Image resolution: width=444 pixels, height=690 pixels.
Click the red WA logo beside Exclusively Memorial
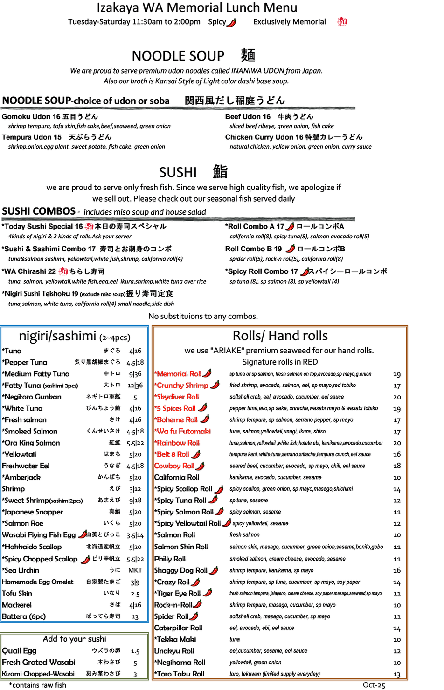(342, 21)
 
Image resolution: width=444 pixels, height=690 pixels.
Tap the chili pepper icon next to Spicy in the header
(231, 22)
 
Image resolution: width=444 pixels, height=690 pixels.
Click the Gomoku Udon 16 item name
(31, 116)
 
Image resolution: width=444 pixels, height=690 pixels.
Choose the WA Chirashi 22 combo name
(29, 271)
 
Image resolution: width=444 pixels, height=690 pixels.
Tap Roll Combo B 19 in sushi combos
(253, 249)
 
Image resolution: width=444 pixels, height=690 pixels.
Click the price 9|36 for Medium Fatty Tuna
(135, 374)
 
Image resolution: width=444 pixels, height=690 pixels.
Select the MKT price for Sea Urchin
(135, 570)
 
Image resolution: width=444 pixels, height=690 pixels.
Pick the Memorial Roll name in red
(178, 374)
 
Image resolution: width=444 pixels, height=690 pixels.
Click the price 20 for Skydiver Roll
(397, 397)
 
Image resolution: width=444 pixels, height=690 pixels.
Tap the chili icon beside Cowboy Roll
(200, 466)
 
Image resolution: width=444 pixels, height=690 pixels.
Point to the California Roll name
(176, 477)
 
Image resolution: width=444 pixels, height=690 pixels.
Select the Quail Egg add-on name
(19, 650)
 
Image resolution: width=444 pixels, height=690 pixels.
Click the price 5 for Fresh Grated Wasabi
(135, 663)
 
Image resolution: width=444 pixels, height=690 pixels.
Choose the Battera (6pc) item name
(24, 616)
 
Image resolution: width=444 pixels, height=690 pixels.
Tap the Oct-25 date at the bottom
(374, 685)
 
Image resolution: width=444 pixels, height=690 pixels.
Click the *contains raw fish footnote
(37, 685)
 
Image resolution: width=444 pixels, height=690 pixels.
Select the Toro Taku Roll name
(179, 674)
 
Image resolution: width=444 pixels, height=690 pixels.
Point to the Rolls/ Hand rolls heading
(280, 336)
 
